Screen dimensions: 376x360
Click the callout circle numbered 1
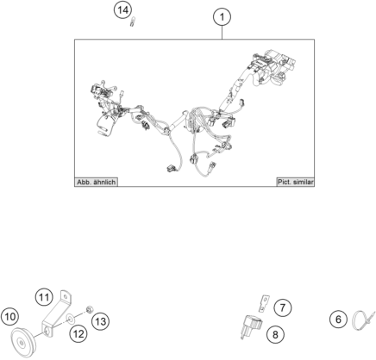pyautogui.click(x=222, y=17)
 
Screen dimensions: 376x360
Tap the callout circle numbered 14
pyautogui.click(x=122, y=10)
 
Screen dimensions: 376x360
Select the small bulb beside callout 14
pyautogui.click(x=132, y=22)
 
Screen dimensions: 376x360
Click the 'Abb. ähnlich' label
pyautogui.click(x=96, y=182)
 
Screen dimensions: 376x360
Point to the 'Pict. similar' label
pyautogui.click(x=295, y=182)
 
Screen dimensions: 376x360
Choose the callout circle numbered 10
pyautogui.click(x=10, y=317)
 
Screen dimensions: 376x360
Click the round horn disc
pyautogui.click(x=22, y=343)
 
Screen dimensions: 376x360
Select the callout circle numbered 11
pyautogui.click(x=44, y=297)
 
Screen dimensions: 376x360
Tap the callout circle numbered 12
pyautogui.click(x=78, y=334)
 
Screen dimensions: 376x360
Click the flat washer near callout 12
pyautogui.click(x=71, y=319)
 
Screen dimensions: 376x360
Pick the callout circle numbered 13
pyautogui.click(x=100, y=321)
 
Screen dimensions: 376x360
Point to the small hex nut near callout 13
pyautogui.click(x=89, y=309)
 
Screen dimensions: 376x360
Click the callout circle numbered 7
pyautogui.click(x=283, y=308)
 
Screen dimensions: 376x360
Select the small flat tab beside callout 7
pyautogui.click(x=264, y=304)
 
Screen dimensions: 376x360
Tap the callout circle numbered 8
pyautogui.click(x=275, y=334)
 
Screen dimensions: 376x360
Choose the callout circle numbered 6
pyautogui.click(x=338, y=320)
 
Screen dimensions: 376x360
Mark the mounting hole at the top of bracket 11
pyautogui.click(x=66, y=295)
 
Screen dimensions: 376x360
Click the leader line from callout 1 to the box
pyautogui.click(x=222, y=33)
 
